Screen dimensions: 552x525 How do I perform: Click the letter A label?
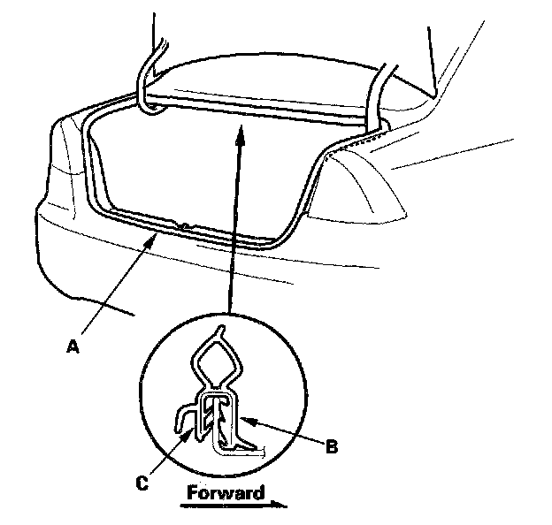coord(74,347)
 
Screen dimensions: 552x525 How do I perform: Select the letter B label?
coord(331,447)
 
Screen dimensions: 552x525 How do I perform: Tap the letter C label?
coord(142,482)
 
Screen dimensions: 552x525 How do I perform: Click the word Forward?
coord(225,493)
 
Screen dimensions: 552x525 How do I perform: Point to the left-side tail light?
coord(62,155)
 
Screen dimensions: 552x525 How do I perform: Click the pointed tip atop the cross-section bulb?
coord(220,331)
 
